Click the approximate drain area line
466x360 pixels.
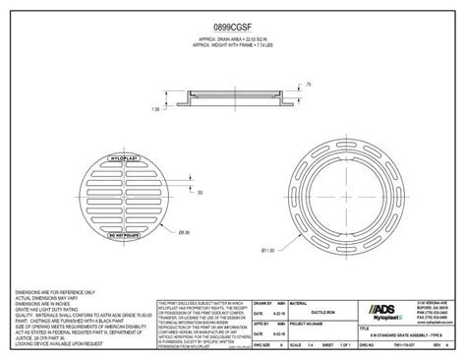tap(233, 39)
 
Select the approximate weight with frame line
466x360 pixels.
tap(233, 45)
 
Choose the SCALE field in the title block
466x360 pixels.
tap(260, 344)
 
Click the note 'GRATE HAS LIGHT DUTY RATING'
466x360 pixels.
tap(49, 312)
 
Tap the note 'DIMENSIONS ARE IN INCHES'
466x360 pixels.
tap(44, 306)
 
